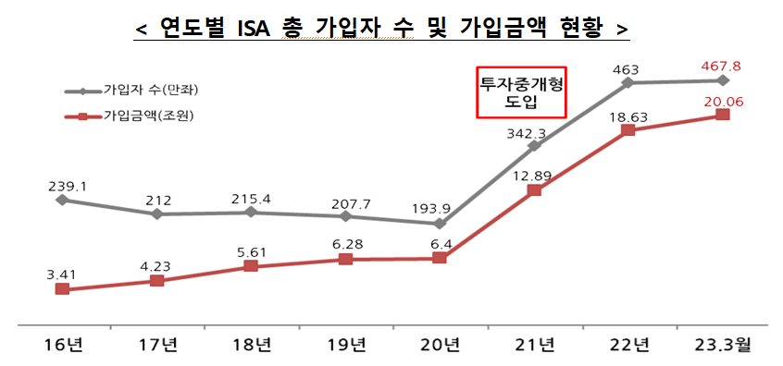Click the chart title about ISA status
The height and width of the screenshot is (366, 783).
(382, 29)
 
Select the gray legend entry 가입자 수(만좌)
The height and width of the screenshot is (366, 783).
(134, 91)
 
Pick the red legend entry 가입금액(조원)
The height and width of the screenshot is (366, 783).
(134, 116)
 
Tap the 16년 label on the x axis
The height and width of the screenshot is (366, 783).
(62, 346)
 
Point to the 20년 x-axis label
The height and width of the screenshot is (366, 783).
(440, 346)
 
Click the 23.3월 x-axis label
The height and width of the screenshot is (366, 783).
(723, 346)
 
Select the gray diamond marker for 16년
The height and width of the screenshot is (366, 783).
(62, 199)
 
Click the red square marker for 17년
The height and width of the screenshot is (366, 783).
(156, 279)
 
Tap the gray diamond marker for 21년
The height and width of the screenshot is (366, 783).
(534, 145)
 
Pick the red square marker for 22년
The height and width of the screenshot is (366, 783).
(628, 130)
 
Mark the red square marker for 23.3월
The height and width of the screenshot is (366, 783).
(723, 115)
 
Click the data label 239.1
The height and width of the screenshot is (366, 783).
(68, 185)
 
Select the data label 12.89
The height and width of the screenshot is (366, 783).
(534, 175)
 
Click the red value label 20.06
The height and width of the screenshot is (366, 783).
(723, 100)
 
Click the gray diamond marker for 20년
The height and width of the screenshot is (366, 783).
(440, 224)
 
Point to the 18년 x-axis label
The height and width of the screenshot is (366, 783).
(251, 346)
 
